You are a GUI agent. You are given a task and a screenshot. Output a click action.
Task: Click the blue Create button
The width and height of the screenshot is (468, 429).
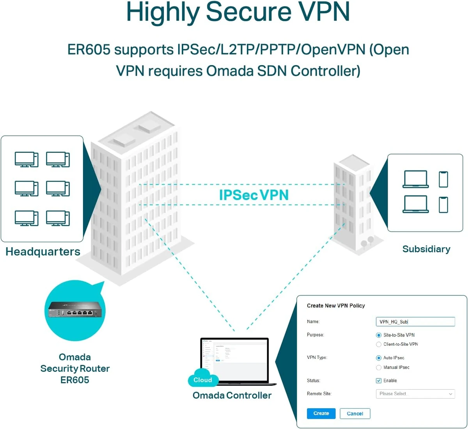321,413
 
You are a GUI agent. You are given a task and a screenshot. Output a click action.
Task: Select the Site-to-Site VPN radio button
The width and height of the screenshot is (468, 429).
378,335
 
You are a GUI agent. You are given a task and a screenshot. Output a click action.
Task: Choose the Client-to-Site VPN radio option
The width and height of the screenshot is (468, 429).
378,344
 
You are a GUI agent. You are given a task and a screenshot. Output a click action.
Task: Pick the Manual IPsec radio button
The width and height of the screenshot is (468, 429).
378,367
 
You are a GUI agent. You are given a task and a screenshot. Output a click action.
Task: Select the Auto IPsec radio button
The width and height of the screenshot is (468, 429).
378,358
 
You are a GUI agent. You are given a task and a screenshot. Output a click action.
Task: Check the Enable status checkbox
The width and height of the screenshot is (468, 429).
378,381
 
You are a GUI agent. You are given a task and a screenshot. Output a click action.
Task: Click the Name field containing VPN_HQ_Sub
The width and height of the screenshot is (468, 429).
415,322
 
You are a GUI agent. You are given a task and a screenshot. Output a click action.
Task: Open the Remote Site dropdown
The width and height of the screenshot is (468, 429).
415,394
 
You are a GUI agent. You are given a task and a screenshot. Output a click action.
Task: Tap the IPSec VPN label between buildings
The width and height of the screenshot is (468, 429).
253,195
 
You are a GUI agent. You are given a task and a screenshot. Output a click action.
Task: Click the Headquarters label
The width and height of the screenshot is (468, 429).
43,252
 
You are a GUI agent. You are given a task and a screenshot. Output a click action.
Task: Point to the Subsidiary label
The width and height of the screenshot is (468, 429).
426,249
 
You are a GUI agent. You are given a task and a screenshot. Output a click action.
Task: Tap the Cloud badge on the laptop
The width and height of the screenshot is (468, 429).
202,379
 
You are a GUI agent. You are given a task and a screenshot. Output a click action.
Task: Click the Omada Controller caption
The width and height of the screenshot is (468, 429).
232,395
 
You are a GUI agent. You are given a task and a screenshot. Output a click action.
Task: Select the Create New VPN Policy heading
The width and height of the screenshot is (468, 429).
336,306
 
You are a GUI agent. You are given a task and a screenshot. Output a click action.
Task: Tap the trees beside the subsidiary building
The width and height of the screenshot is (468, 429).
367,242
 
